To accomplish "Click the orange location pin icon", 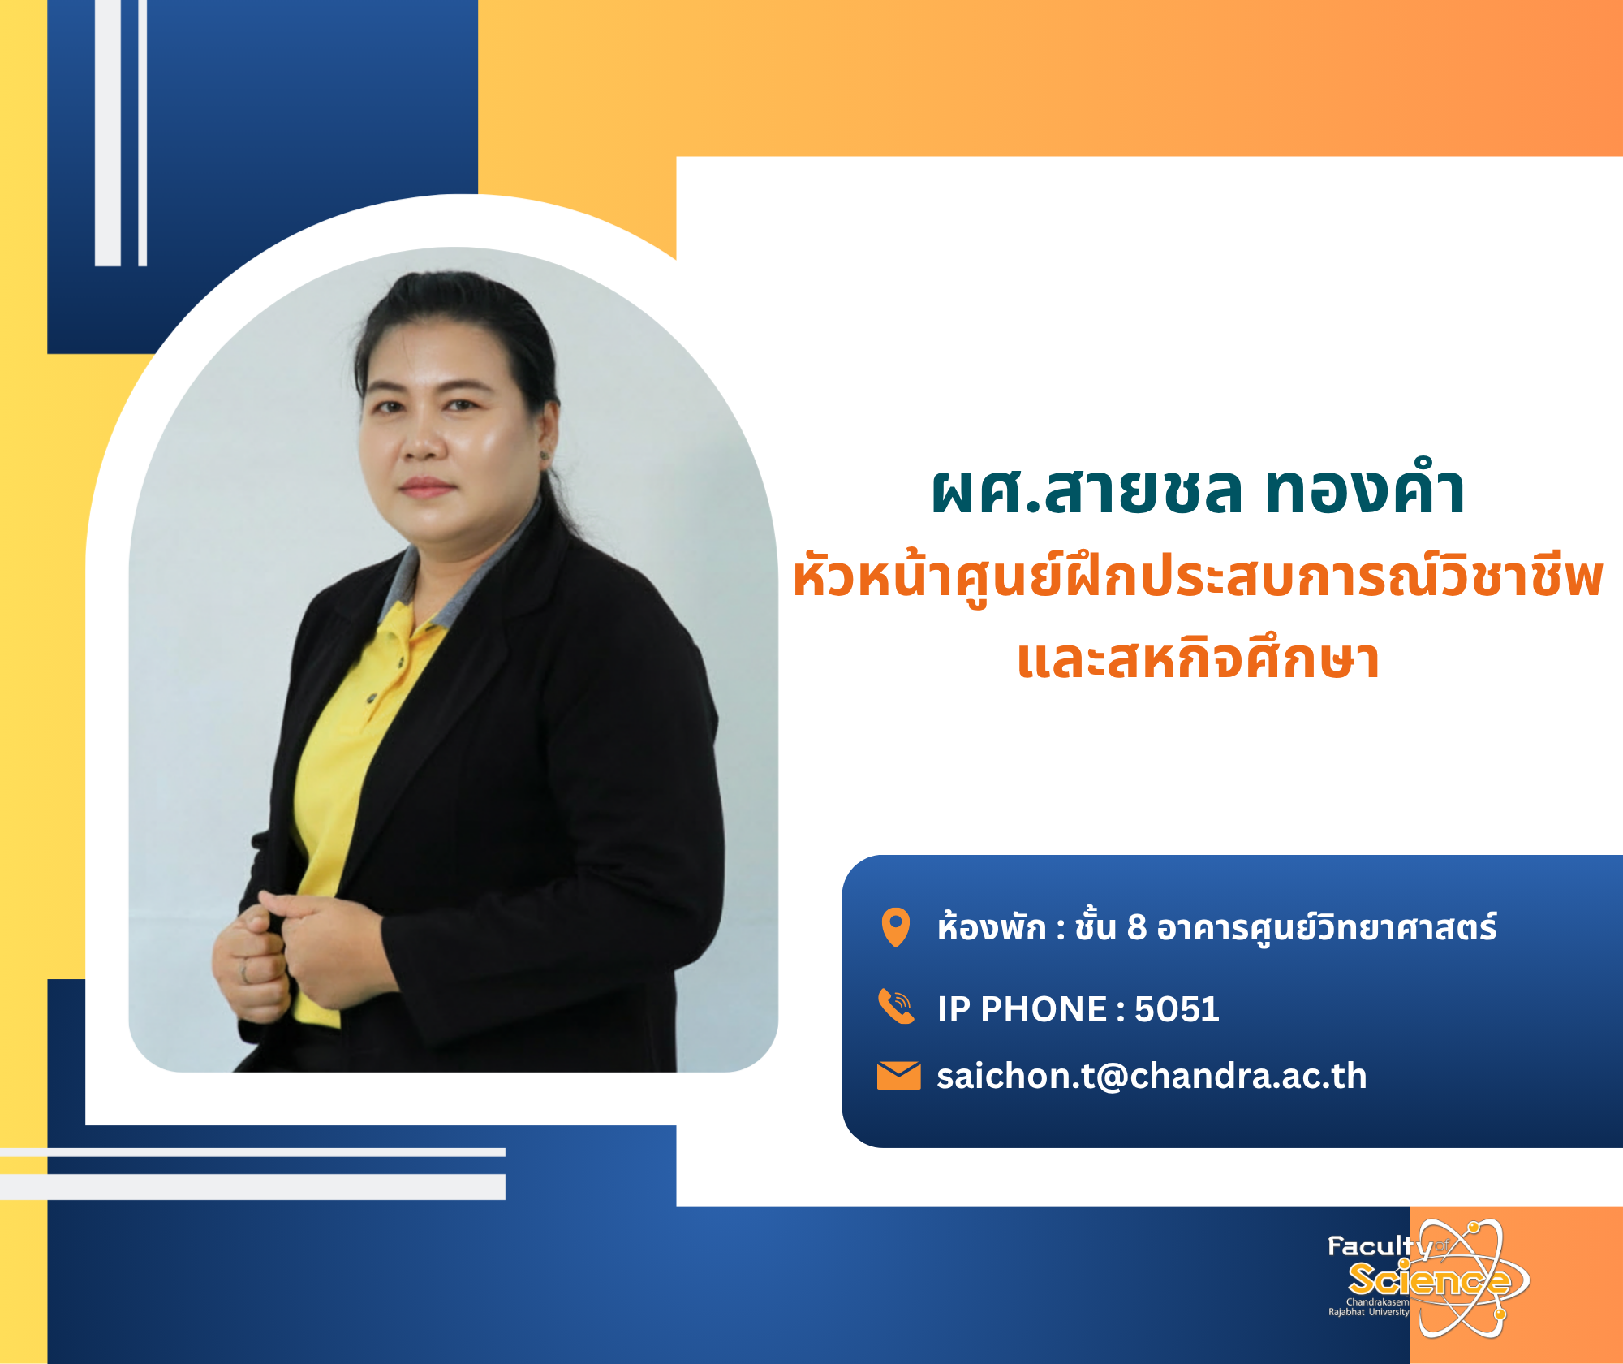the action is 896,927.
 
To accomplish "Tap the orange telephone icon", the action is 897,1007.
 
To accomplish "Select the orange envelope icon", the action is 898,1075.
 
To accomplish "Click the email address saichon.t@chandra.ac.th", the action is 1152,1076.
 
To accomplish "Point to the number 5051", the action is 1177,1009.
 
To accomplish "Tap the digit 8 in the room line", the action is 1137,927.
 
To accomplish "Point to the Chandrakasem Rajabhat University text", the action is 1369,1306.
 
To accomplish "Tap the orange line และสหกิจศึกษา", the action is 1198,659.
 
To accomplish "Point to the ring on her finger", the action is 243,971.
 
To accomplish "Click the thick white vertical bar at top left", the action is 108,133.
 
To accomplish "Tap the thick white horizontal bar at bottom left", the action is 252,1186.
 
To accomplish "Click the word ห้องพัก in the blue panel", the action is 992,927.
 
